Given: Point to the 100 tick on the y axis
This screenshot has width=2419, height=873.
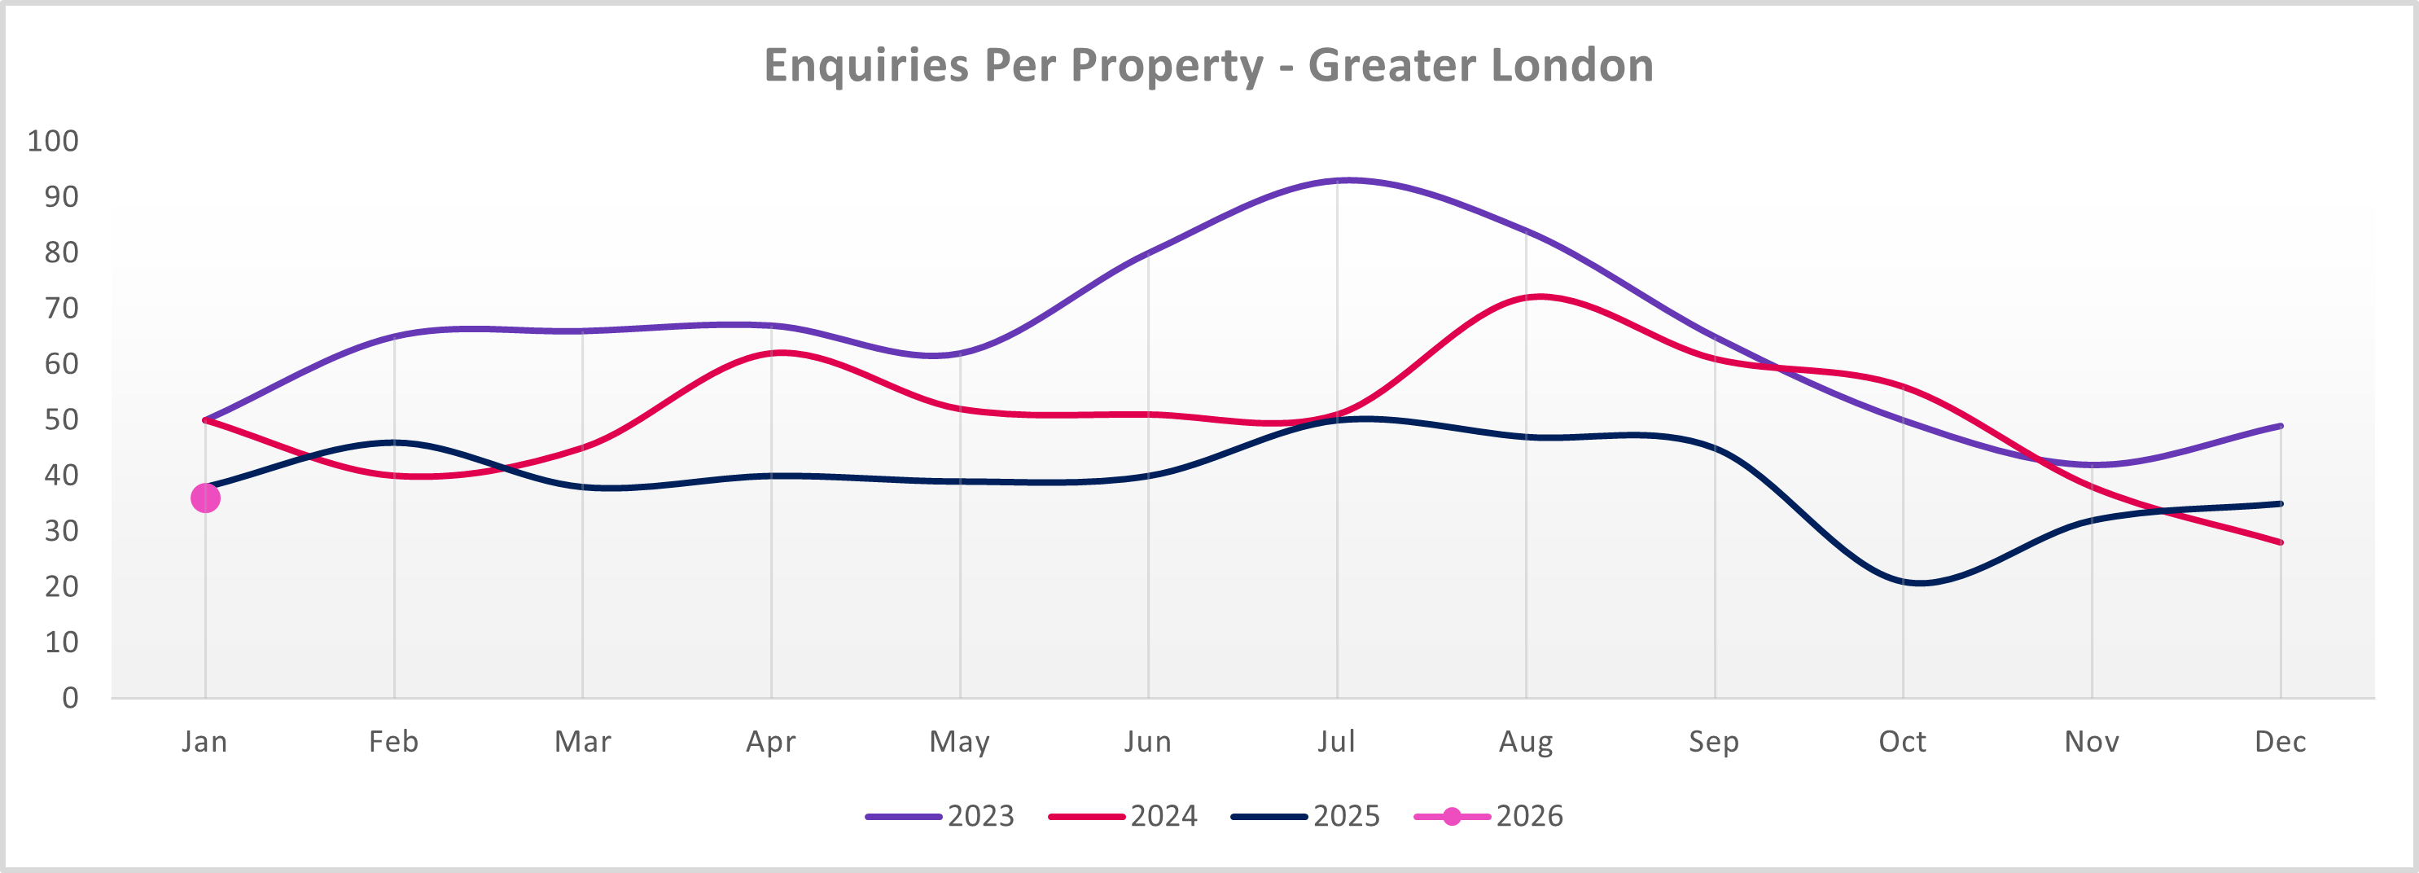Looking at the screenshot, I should pyautogui.click(x=53, y=141).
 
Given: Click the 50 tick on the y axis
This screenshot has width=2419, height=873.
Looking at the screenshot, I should pyautogui.click(x=61, y=419).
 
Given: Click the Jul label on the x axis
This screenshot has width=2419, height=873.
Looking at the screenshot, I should pyautogui.click(x=1336, y=741).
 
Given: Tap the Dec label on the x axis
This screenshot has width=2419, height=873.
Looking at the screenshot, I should pyautogui.click(x=2280, y=741).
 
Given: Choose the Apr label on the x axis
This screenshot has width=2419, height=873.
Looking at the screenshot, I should pyautogui.click(x=770, y=741).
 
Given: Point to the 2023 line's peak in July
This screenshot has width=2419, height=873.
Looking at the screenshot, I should pyautogui.click(x=1347, y=179).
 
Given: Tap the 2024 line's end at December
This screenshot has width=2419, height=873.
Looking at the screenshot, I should pyautogui.click(x=2280, y=542).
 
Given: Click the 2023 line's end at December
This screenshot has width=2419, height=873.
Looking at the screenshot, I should pyautogui.click(x=2280, y=426).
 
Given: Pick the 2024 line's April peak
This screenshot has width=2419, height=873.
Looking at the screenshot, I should pyautogui.click(x=782, y=353).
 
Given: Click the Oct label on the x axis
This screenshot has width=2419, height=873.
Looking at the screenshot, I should pyautogui.click(x=1902, y=741).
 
